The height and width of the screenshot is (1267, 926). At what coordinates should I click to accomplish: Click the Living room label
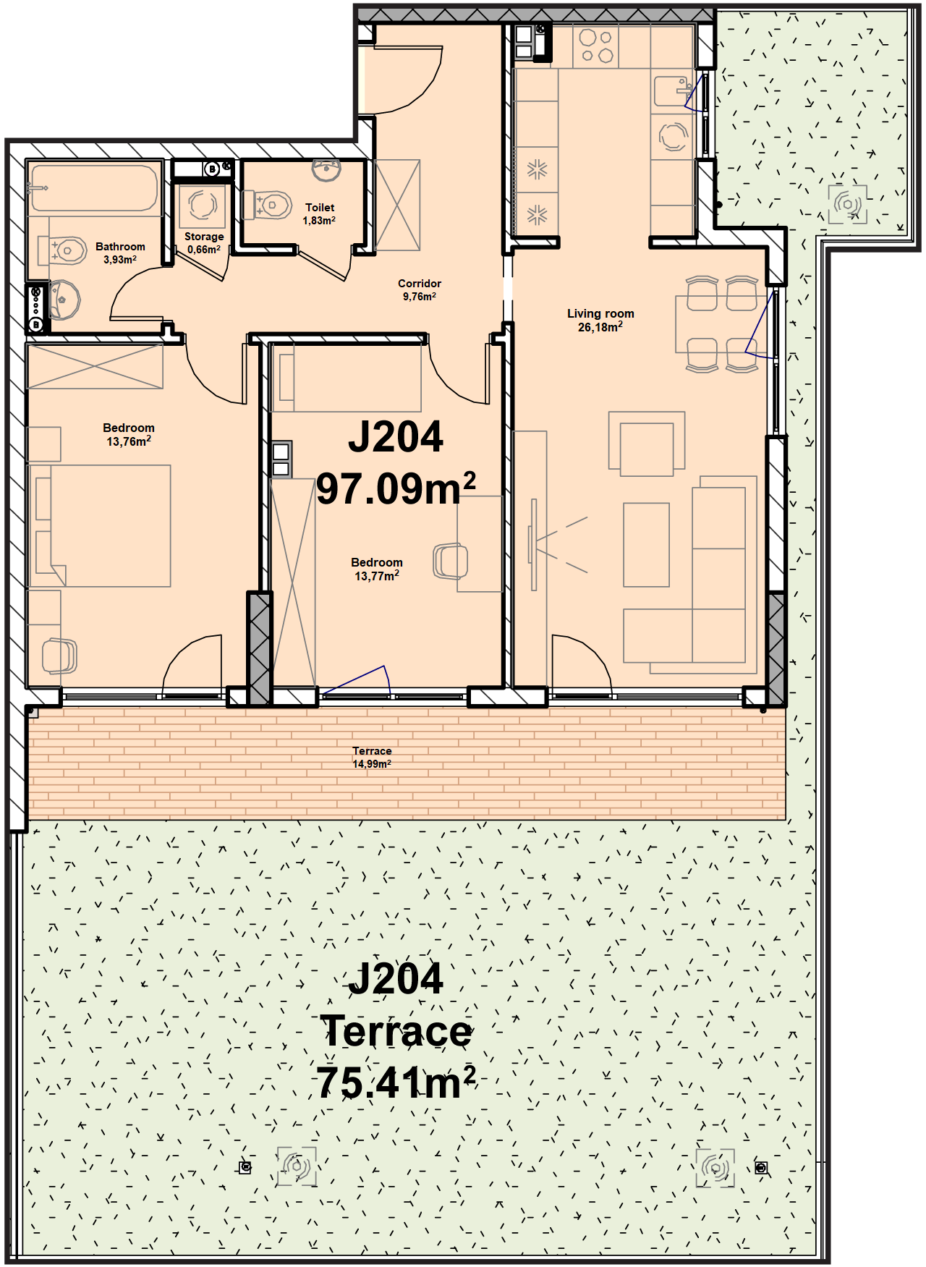tap(600, 313)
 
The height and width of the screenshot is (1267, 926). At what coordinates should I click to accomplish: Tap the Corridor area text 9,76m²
tap(420, 297)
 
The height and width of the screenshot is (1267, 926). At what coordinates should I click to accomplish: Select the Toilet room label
tap(320, 208)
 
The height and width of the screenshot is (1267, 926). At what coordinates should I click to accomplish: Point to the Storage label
tap(204, 237)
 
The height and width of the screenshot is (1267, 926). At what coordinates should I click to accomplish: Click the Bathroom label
tap(120, 247)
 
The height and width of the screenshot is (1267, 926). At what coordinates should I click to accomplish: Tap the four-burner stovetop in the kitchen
tap(597, 46)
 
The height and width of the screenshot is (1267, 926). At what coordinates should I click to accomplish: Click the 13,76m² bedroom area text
tap(129, 441)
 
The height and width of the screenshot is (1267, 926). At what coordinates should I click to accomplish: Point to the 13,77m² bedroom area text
tap(377, 576)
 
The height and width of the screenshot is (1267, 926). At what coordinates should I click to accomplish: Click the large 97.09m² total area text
tap(396, 488)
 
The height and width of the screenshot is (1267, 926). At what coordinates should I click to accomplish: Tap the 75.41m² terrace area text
tap(396, 1082)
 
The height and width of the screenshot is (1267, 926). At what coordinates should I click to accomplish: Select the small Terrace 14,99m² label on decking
tap(372, 758)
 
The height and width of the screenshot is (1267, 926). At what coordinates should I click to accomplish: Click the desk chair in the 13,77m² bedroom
tap(450, 562)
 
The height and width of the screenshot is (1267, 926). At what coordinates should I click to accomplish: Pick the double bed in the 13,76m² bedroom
tap(100, 526)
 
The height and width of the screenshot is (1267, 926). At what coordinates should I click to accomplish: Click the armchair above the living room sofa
tap(647, 444)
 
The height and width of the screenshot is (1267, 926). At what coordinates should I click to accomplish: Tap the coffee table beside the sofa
tap(646, 545)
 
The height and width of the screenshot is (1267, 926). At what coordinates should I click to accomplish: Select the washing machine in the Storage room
tap(203, 207)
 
